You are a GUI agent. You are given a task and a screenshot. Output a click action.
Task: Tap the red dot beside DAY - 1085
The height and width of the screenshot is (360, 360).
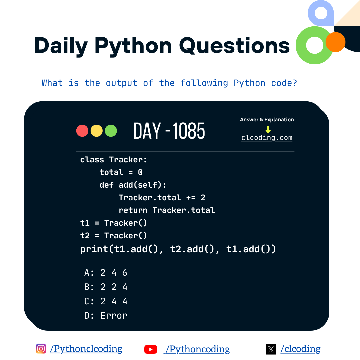click(82, 131)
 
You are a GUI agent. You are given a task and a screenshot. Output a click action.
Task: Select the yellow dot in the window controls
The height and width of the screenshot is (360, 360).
click(97, 131)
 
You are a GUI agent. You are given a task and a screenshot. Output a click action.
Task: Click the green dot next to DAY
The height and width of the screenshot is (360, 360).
click(111, 131)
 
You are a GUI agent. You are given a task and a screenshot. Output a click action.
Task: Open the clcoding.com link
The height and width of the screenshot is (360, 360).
click(267, 138)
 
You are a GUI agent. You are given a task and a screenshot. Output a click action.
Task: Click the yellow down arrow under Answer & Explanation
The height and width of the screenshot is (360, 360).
click(268, 130)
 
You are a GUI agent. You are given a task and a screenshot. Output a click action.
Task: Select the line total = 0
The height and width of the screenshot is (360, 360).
click(121, 172)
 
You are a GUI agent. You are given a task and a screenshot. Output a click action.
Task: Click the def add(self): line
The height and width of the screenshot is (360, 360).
click(133, 185)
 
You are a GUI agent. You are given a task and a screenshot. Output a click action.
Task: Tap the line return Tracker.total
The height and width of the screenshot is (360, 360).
click(167, 210)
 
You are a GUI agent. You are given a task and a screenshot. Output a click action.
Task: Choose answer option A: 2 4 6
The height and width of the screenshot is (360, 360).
click(106, 273)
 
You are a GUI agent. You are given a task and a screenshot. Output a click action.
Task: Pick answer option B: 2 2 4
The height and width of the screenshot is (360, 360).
click(106, 287)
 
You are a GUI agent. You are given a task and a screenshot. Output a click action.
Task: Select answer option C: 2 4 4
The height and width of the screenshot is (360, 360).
click(106, 301)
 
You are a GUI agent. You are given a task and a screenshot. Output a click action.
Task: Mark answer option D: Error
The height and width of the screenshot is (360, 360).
click(106, 315)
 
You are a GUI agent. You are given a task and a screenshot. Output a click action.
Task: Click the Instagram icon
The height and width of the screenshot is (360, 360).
click(41, 349)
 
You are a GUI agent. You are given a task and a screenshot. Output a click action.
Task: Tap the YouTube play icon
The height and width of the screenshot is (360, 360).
click(151, 349)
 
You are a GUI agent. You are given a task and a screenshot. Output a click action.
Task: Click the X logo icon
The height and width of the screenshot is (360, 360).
click(271, 349)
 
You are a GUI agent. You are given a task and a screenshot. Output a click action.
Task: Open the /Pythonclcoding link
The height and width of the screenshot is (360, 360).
click(86, 349)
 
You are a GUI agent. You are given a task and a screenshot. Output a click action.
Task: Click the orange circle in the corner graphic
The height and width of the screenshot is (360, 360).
click(335, 42)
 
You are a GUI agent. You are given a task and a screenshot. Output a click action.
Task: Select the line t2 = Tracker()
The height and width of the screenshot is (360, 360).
click(114, 236)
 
